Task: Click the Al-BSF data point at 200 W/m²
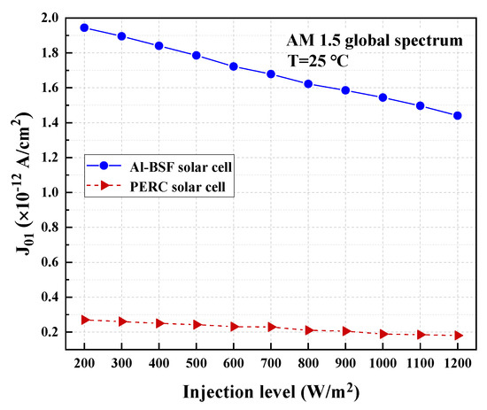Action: pyautogui.click(x=84, y=27)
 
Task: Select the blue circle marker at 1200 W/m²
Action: pyautogui.click(x=458, y=116)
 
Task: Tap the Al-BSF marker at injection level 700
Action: pyautogui.click(x=271, y=74)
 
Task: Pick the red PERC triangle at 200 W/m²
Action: pyautogui.click(x=84, y=320)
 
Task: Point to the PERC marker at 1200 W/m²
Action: pyautogui.click(x=458, y=336)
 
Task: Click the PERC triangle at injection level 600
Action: pyautogui.click(x=234, y=327)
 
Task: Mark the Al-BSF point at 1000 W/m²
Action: pyautogui.click(x=383, y=97)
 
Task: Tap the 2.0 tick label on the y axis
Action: pyautogui.click(x=50, y=18)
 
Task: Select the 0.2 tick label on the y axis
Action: pyautogui.click(x=50, y=332)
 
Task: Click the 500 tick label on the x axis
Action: pyautogui.click(x=197, y=364)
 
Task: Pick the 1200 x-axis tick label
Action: pyautogui.click(x=458, y=364)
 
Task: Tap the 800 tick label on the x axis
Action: pyautogui.click(x=309, y=364)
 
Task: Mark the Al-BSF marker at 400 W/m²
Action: pyautogui.click(x=159, y=46)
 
